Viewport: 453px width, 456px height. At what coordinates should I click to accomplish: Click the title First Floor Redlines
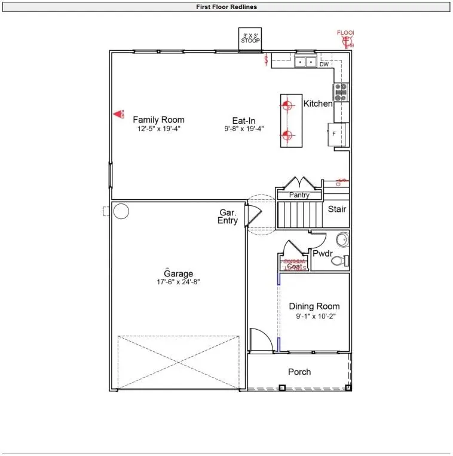tap(227, 7)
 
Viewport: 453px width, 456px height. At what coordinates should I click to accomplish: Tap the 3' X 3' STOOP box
tap(250, 38)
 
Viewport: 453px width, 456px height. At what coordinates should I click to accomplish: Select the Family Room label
tap(158, 120)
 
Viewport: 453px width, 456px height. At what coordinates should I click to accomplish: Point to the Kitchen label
tap(318, 104)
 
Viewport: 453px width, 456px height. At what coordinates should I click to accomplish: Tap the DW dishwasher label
tap(324, 65)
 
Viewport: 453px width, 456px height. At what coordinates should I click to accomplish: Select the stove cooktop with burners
tap(341, 92)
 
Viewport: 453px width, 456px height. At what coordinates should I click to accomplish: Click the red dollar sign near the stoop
tap(267, 60)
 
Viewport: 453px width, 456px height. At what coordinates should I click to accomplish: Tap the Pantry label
tap(299, 195)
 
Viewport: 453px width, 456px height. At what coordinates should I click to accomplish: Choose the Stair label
tap(337, 209)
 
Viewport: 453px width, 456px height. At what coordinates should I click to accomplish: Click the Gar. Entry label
tap(228, 217)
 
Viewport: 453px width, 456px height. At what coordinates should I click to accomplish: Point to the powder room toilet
tap(339, 261)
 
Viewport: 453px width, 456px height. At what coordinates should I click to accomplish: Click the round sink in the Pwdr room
tap(341, 241)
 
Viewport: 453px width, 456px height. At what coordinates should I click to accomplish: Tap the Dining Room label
tap(314, 306)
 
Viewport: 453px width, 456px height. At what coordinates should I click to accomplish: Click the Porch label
tap(299, 372)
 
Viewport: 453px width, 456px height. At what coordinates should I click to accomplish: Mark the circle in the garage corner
tap(121, 211)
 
